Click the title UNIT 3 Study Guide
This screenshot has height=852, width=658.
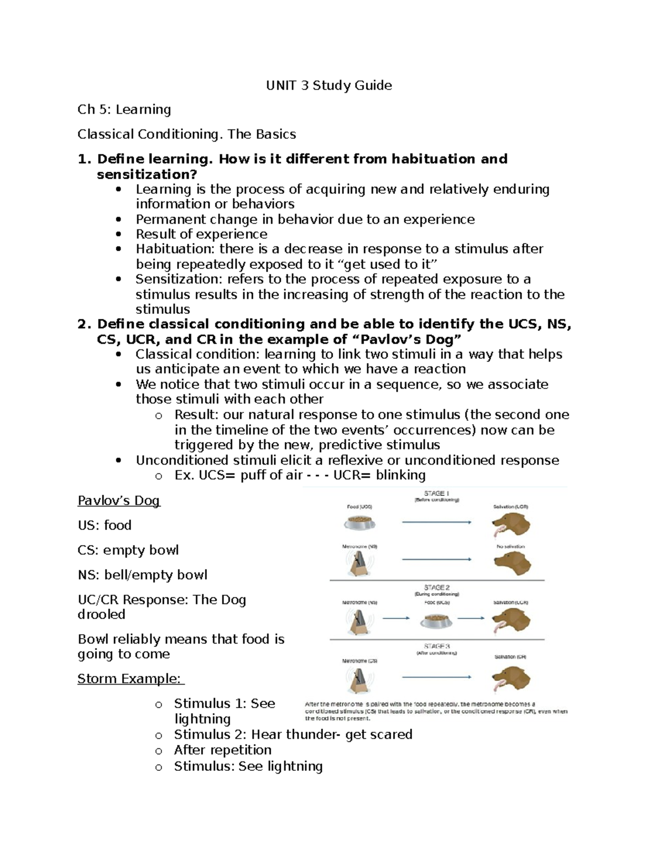pos(329,85)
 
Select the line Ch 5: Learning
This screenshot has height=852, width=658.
pos(124,110)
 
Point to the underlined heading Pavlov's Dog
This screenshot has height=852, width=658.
pos(118,500)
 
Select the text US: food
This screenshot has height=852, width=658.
pos(104,525)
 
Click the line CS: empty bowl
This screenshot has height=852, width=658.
pos(128,550)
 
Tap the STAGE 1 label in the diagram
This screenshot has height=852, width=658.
pos(436,493)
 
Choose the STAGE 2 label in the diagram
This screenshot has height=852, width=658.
pos(436,588)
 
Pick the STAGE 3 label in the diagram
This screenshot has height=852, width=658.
pos(436,646)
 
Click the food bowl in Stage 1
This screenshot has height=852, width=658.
pos(360,522)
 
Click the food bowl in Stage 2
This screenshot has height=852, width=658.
pos(436,620)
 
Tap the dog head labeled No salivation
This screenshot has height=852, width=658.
pos(512,563)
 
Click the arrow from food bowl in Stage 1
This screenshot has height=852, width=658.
pos(436,522)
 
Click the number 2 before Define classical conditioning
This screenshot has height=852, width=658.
pos(83,324)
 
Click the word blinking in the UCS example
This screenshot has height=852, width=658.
pos(400,475)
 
